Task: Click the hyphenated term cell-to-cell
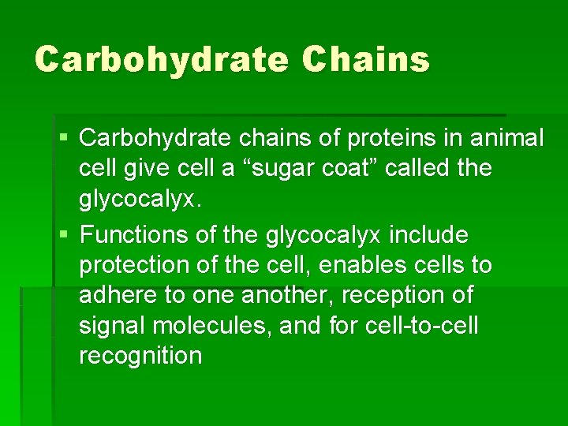422,325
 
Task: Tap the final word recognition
140,355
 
